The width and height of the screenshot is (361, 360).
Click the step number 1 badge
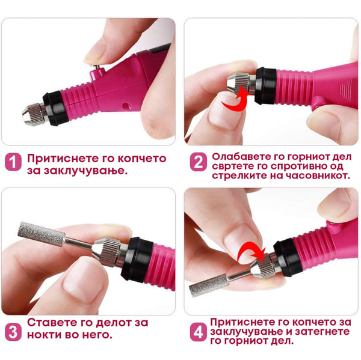[x=13, y=162]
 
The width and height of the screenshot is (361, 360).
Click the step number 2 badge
[x=198, y=162]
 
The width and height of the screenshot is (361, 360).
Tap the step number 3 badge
[x=13, y=332]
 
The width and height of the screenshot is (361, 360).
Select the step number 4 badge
[x=198, y=332]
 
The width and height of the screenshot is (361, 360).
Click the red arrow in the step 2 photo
[x=237, y=101]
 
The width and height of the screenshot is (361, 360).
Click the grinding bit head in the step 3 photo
[x=42, y=234]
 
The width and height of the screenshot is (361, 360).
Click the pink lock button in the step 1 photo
[x=97, y=73]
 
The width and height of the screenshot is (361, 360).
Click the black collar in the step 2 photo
[x=265, y=86]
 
